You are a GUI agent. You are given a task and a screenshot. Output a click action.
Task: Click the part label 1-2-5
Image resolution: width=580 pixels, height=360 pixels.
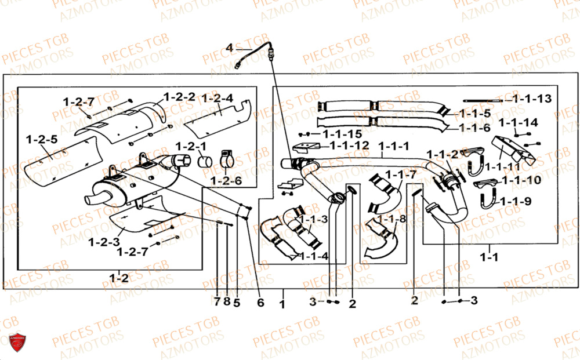click(41, 139)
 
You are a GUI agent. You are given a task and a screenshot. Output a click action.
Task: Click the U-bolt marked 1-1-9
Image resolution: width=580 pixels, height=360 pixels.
click(486, 203)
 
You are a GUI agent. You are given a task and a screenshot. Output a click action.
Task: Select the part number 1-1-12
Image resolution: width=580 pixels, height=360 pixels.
click(349, 145)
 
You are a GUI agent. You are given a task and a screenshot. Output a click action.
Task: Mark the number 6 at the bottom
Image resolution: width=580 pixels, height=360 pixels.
click(260, 302)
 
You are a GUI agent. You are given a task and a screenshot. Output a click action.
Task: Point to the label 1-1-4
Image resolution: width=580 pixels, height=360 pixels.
click(314, 256)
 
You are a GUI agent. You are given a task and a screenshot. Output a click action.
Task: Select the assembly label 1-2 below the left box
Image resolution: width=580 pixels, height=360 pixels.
click(119, 277)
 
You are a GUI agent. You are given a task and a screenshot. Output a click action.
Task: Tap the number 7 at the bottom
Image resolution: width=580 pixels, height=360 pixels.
click(217, 302)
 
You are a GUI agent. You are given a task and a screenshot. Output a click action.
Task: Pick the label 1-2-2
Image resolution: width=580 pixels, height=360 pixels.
click(179, 97)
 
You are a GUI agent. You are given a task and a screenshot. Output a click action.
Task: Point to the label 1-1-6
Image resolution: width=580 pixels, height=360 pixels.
click(474, 128)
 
